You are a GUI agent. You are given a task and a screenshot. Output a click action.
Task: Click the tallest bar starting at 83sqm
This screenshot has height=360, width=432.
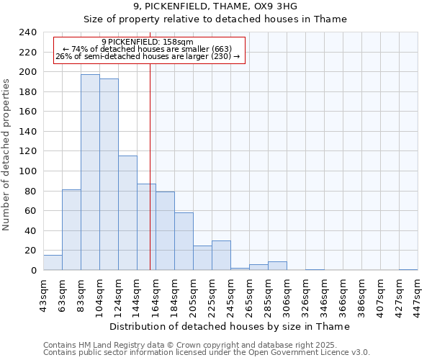pyautogui.click(x=90, y=173)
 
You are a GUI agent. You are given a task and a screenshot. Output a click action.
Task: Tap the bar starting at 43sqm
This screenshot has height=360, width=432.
pyautogui.click(x=53, y=263)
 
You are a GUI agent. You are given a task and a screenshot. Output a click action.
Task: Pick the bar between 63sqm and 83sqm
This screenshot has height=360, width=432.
pyautogui.click(x=71, y=230)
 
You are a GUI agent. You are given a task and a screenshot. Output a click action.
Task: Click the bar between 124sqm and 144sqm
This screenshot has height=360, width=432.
pyautogui.click(x=127, y=213)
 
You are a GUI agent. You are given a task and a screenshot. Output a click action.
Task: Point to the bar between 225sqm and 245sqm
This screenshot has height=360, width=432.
pyautogui.click(x=221, y=256)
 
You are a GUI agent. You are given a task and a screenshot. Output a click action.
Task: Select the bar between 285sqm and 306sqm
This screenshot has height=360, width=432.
pyautogui.click(x=277, y=266)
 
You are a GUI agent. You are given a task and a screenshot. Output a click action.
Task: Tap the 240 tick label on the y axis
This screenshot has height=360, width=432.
pyautogui.click(x=28, y=32)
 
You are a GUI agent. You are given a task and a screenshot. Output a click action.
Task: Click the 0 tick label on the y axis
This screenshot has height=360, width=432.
pyautogui.click(x=33, y=270)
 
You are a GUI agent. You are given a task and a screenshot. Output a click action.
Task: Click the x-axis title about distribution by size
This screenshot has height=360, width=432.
pyautogui.click(x=230, y=326)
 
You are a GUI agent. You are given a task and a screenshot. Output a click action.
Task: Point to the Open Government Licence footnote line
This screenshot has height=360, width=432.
pyautogui.click(x=207, y=353)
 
